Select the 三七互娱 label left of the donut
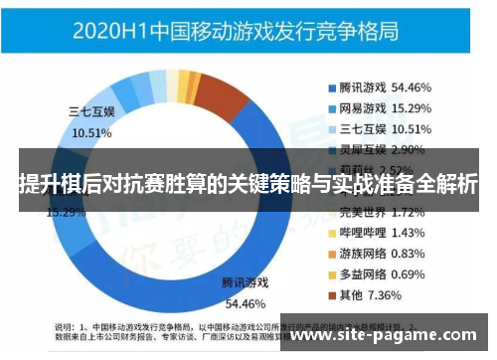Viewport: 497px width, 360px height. pos(91,112)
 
